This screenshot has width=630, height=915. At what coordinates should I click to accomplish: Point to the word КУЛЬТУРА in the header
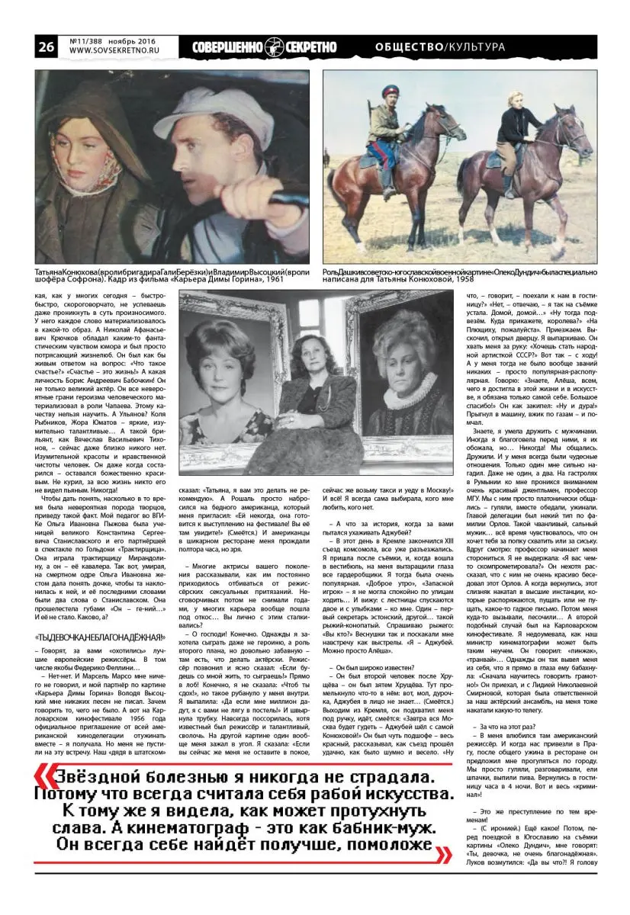point(476,47)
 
